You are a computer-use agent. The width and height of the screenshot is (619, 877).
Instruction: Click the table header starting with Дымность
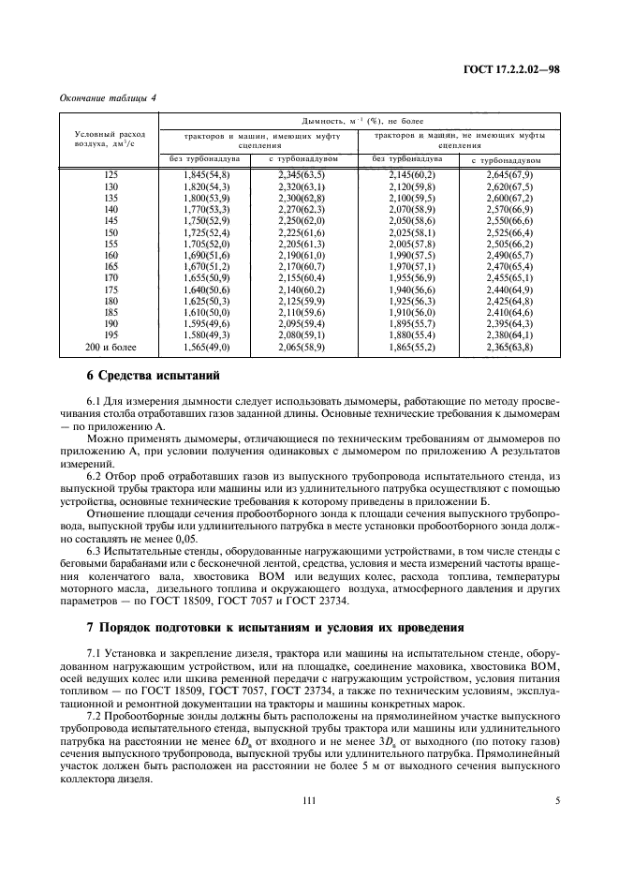click(360, 122)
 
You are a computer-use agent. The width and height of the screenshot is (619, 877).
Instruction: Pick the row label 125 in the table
click(111, 175)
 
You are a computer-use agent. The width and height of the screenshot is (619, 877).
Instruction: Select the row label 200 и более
click(111, 347)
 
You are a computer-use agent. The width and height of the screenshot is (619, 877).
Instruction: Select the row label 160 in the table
click(111, 255)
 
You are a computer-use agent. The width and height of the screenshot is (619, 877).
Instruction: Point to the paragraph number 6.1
click(95, 401)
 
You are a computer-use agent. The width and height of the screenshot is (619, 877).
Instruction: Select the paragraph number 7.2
click(95, 715)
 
